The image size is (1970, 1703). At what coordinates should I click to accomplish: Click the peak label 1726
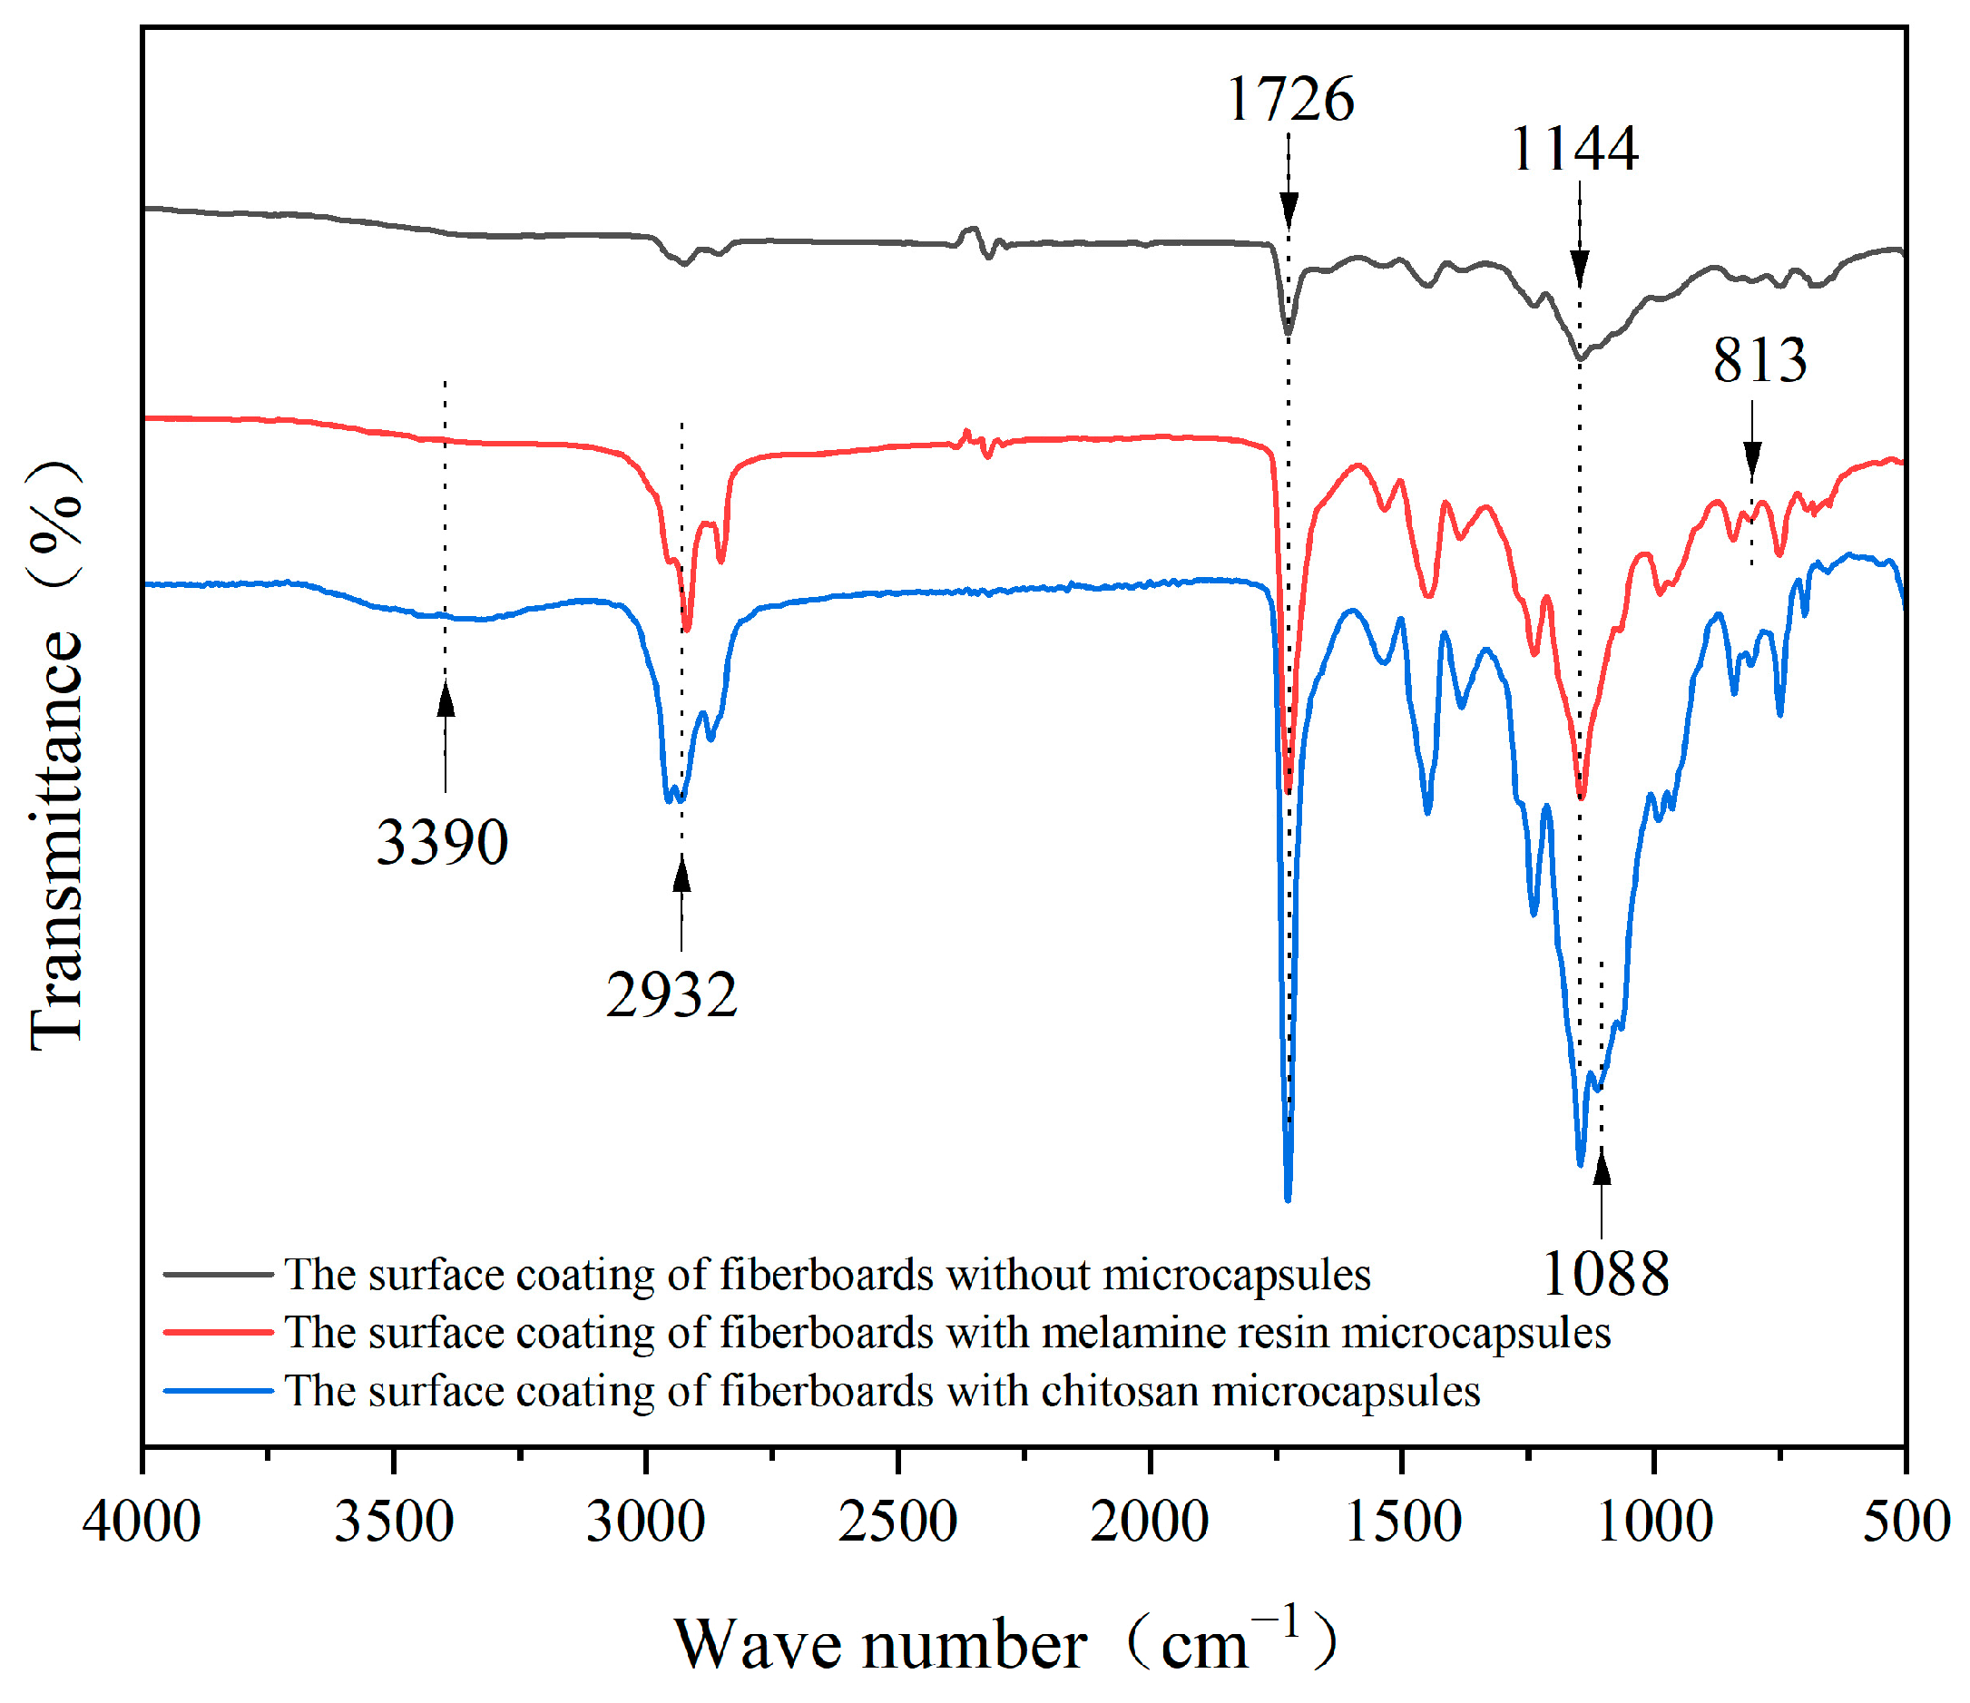pos(1289,99)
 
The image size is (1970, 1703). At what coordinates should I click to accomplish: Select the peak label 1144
pos(1573,150)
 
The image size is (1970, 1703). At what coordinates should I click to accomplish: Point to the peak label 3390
pos(442,843)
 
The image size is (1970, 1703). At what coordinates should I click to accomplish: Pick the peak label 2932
pos(671,995)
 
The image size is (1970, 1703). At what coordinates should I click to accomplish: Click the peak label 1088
pos(1604,1273)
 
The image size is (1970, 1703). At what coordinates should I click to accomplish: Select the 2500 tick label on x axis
pos(897,1521)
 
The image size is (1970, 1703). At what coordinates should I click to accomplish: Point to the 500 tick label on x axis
pos(1905,1521)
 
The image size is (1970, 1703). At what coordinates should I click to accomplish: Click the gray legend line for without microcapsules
pos(218,1273)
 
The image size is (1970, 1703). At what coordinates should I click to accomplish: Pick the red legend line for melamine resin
pos(218,1332)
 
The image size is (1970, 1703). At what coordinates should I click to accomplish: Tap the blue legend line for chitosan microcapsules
pos(218,1390)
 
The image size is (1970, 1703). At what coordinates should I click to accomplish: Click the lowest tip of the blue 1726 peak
pos(1288,1200)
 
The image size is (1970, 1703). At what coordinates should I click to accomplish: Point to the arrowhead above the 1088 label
pos(1602,1167)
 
